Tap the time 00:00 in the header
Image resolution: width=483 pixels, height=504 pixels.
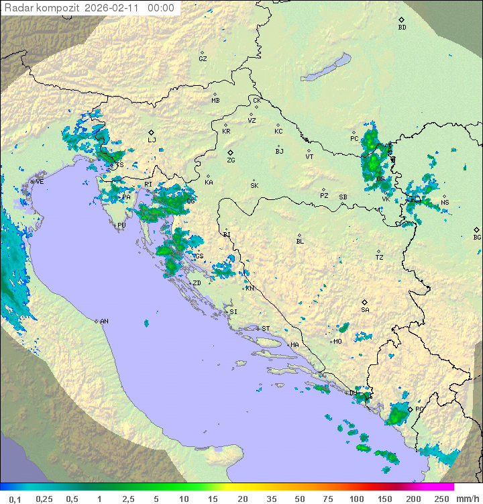pos(160,8)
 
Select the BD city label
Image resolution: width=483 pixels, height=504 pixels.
pos(402,28)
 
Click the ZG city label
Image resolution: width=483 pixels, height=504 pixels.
pos(231,160)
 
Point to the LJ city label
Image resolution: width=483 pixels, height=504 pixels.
pos(152,140)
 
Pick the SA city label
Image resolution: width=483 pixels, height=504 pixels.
pos(365,310)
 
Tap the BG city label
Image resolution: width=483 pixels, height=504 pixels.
pos(477,237)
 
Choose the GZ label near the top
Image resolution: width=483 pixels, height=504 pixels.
pos(203,59)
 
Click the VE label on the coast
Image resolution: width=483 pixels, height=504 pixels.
pos(40,182)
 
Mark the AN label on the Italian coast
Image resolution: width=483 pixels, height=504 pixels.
pos(104,321)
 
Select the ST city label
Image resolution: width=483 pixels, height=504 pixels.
pos(266,329)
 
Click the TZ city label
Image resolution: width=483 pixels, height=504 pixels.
pos(380,258)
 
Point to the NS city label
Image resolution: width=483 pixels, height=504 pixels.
pos(445,203)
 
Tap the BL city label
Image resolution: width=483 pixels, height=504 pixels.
pos(300,242)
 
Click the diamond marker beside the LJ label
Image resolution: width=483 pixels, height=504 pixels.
pos(152,132)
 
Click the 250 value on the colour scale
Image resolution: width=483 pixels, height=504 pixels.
pos(441,499)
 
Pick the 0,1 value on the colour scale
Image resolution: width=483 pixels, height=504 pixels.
pos(15,499)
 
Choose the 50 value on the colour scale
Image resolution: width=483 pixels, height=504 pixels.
pos(299,499)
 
